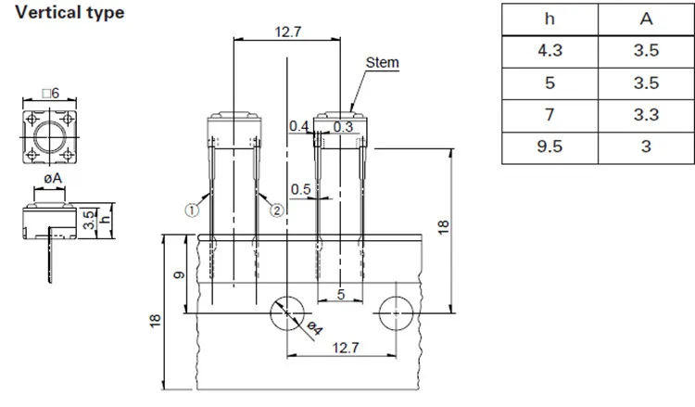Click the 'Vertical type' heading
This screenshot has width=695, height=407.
pyautogui.click(x=69, y=12)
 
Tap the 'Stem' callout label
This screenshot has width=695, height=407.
pyautogui.click(x=382, y=63)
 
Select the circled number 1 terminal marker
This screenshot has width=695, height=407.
pyautogui.click(x=192, y=210)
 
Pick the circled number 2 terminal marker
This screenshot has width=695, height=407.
pyautogui.click(x=276, y=210)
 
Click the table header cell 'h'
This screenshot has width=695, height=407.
pyautogui.click(x=550, y=19)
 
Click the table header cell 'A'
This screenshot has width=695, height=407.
pyautogui.click(x=646, y=19)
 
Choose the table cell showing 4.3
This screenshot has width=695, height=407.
pyautogui.click(x=550, y=51)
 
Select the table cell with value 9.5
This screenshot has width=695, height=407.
pyautogui.click(x=550, y=146)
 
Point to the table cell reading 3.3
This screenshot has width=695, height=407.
pyautogui.click(x=646, y=115)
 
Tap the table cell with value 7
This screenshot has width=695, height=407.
pyautogui.click(x=550, y=115)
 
